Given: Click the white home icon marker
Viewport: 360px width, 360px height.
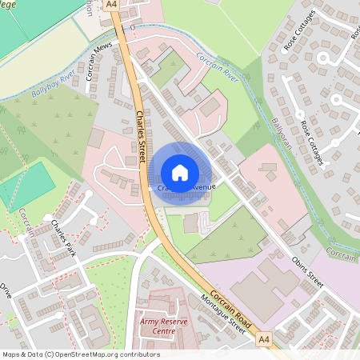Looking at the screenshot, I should (180, 171).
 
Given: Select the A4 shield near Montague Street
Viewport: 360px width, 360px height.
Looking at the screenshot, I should (265, 340).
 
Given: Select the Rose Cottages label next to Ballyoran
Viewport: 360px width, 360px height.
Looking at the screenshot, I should (312, 144).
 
